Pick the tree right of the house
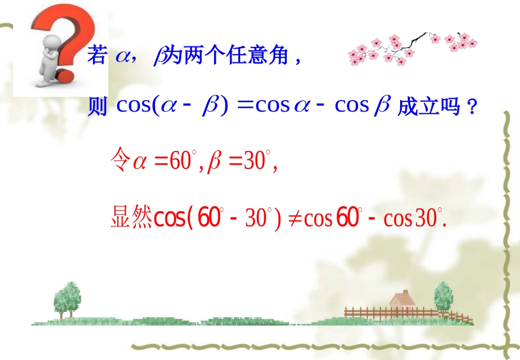[x=443, y=296]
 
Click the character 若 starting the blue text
[x=96, y=56]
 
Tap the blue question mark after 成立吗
[x=471, y=108]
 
